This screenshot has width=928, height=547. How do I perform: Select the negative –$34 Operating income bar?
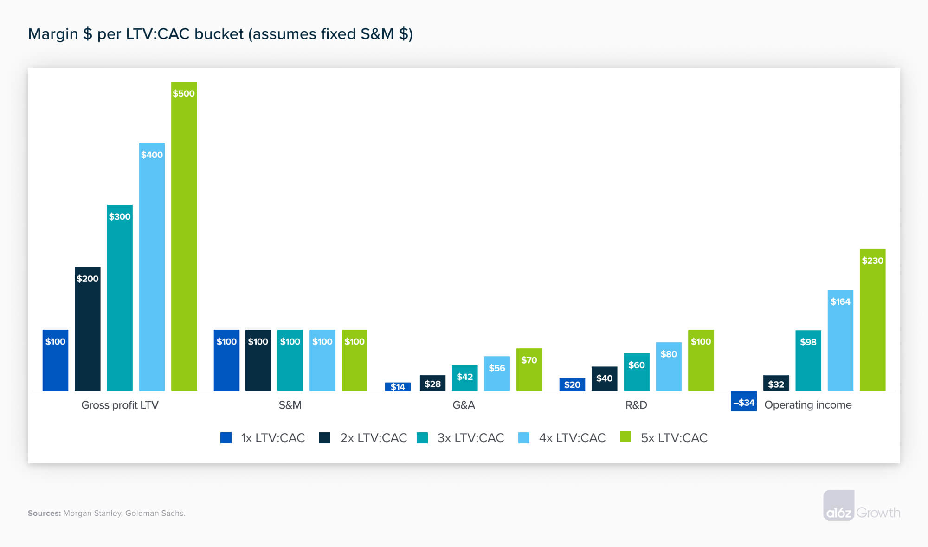coord(743,401)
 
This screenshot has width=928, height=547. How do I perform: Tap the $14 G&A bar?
coord(398,387)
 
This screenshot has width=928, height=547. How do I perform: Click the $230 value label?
coord(872,260)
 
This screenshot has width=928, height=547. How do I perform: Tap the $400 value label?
coord(152,155)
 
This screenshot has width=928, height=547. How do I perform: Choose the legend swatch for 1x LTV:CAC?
coord(226,438)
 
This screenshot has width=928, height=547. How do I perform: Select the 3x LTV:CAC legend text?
coord(470,438)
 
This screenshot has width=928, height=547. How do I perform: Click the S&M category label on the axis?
coord(290,405)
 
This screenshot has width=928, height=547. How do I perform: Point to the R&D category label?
coord(636,405)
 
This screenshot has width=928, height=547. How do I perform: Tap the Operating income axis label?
coord(808,405)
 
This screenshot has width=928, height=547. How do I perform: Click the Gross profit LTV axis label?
coord(120,405)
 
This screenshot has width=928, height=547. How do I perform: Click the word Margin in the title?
coord(52,34)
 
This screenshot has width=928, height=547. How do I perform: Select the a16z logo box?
coord(838,505)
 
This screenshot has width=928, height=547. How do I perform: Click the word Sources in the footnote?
coord(44,513)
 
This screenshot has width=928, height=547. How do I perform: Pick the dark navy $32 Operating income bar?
coord(776,384)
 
